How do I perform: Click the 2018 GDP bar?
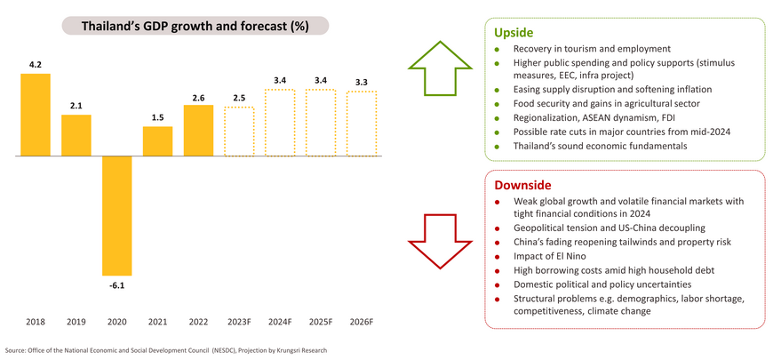tap(36, 114)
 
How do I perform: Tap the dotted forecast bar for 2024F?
tap(280, 123)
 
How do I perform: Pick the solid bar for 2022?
tap(198, 130)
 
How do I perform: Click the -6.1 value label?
tap(117, 284)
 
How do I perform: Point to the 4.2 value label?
tap(36, 65)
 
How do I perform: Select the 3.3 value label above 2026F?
tap(362, 83)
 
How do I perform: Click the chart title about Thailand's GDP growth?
tap(195, 27)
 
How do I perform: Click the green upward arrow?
tap(442, 68)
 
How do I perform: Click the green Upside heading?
tap(513, 32)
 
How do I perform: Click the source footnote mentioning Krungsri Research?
tap(166, 350)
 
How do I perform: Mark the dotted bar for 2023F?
tap(239, 132)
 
